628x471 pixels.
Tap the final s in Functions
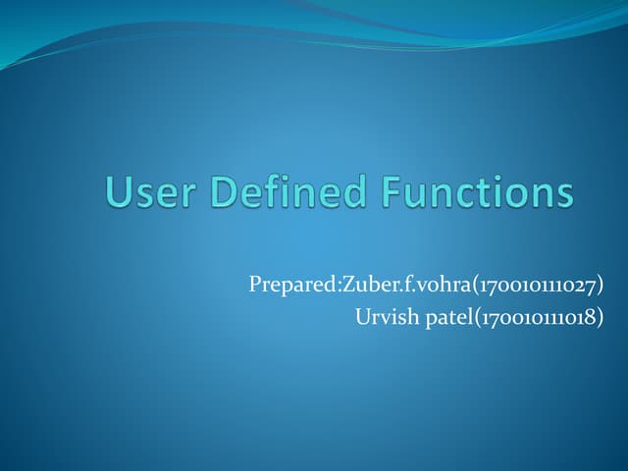click(x=563, y=194)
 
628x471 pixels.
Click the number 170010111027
click(x=530, y=286)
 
